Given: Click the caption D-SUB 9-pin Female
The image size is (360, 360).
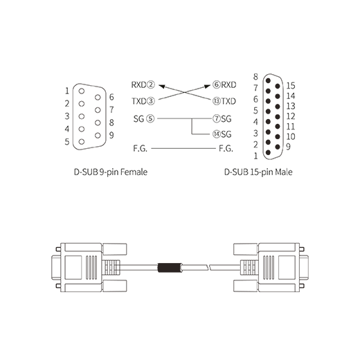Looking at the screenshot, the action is coord(111,172).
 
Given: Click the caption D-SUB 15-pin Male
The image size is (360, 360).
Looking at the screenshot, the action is coord(258,172).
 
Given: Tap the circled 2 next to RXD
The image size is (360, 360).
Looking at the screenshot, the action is coord(151,85).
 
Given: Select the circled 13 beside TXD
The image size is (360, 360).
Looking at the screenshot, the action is coord(217,101).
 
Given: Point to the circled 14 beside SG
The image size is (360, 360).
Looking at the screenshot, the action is coord(217,134).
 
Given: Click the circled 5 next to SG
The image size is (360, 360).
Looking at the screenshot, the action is coord(150,119).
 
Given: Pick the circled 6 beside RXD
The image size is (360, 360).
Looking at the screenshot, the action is coord(217,85).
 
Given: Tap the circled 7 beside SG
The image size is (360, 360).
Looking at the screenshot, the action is coord(217,119).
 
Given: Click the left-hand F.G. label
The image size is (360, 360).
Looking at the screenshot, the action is coord(140,148).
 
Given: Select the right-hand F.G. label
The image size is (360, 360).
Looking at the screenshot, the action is coord(226,148).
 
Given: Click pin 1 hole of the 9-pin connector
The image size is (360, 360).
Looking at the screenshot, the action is coord(82,91).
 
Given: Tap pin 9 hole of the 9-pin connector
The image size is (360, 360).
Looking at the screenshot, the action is coord(98,136).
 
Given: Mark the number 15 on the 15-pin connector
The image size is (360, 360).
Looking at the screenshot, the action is coord(291,86).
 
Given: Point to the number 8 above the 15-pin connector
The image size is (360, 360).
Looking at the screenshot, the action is coord(255,77).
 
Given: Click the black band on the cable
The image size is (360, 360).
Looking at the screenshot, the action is coord(169,267).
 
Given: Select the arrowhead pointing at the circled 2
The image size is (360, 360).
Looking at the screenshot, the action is coord(162,87).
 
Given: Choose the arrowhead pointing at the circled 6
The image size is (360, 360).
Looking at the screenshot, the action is coord(207,87).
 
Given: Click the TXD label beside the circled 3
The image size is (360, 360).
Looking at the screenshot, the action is coord(139,101).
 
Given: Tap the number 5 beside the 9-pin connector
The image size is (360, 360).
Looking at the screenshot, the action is coord(67,142).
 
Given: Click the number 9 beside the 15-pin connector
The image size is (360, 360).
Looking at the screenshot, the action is coord(288,147).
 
